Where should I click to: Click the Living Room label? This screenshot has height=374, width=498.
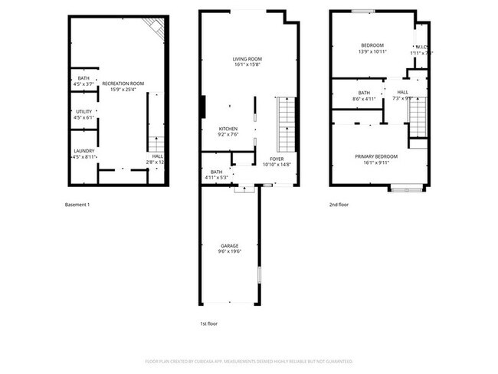click(247, 59)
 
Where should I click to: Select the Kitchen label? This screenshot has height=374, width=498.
click(228, 129)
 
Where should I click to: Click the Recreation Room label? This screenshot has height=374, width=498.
click(123, 84)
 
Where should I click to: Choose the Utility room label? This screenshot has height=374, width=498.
click(84, 112)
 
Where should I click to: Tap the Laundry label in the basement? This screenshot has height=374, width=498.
click(84, 151)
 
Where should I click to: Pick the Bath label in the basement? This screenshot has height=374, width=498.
click(83, 79)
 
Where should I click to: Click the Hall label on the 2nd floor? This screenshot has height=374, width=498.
click(402, 92)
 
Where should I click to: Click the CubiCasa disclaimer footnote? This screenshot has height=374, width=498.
click(248, 360)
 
